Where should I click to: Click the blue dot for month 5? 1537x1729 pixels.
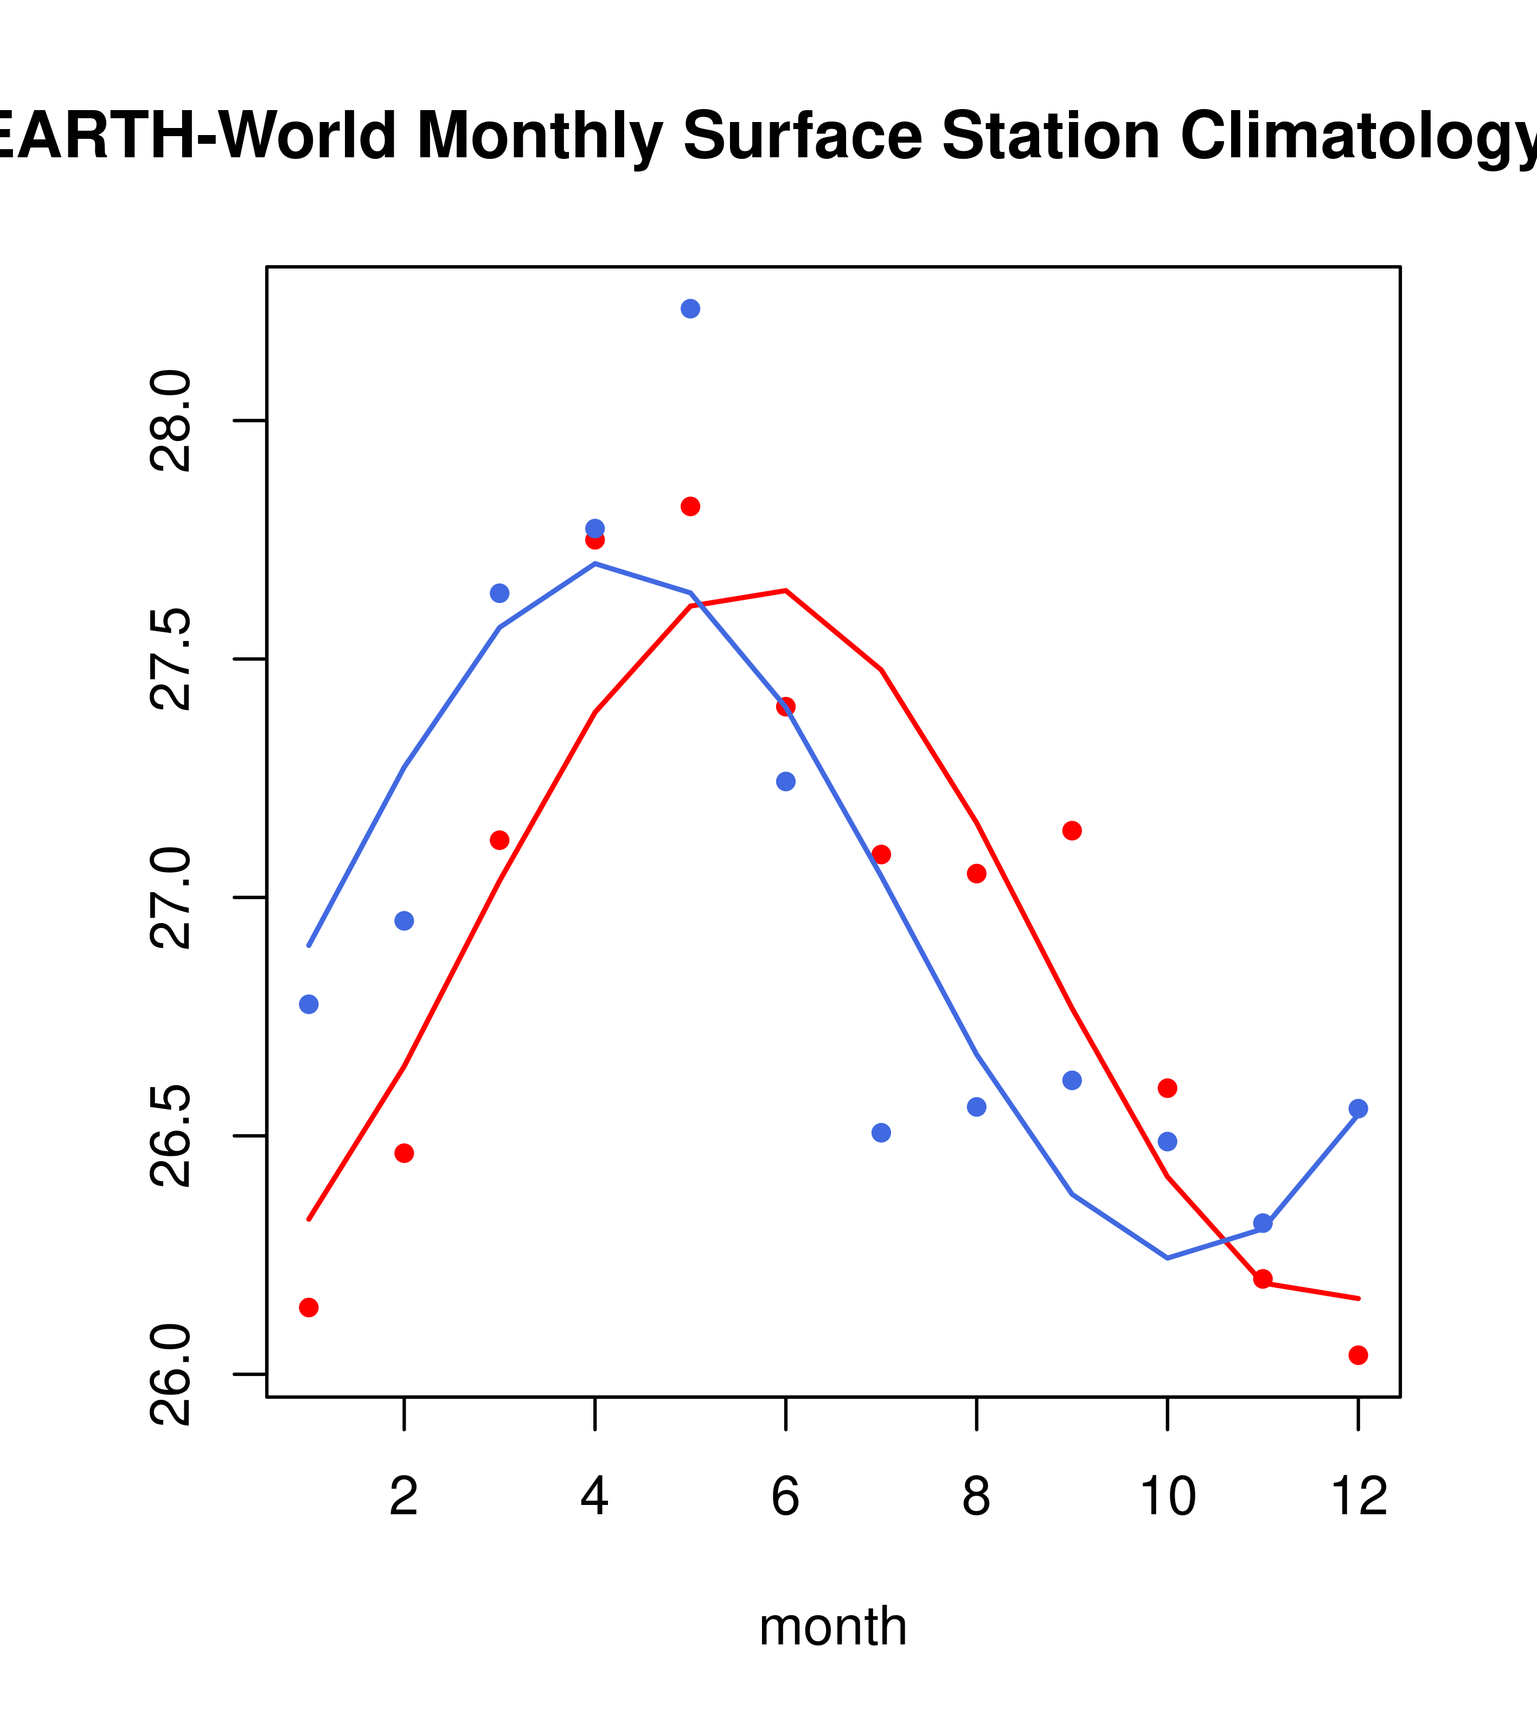(x=690, y=309)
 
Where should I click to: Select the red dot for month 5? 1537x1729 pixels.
(x=690, y=507)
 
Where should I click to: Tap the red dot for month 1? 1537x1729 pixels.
(x=309, y=1308)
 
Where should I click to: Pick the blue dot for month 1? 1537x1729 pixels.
(x=309, y=1004)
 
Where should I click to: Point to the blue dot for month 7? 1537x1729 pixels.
(x=881, y=1132)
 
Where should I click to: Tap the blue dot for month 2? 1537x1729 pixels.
(x=405, y=921)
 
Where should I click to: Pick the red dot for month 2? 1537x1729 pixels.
(x=405, y=1153)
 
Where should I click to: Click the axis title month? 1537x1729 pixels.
(x=833, y=1626)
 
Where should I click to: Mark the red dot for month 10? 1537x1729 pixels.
(x=1167, y=1088)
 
